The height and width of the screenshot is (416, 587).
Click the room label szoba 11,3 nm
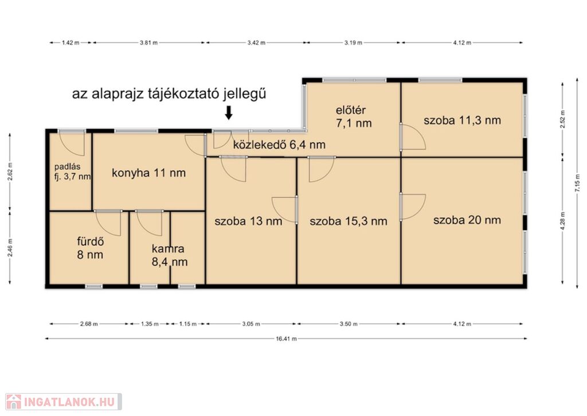(x=463, y=120)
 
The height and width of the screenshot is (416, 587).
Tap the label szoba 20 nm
(x=467, y=220)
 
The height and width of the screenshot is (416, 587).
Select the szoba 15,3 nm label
(x=348, y=221)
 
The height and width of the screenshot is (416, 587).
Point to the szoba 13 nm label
(x=248, y=221)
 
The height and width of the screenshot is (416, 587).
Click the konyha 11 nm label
(x=148, y=173)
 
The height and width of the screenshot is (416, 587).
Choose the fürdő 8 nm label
(x=90, y=248)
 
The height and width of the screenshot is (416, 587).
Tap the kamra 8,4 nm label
(x=169, y=255)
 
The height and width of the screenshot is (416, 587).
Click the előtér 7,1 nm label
(x=353, y=116)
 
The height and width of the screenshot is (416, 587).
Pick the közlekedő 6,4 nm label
(x=279, y=145)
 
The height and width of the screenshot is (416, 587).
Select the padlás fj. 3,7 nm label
(x=72, y=172)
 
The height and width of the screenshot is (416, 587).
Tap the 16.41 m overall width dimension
(x=287, y=339)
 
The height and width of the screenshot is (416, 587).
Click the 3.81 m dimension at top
(x=148, y=42)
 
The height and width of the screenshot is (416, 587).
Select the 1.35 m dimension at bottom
(x=150, y=324)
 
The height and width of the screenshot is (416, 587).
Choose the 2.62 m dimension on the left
(x=10, y=171)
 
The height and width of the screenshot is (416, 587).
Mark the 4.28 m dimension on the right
(x=563, y=220)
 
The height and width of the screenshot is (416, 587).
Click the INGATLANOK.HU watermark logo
(x=64, y=402)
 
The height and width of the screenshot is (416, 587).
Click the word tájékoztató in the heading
(x=183, y=94)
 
